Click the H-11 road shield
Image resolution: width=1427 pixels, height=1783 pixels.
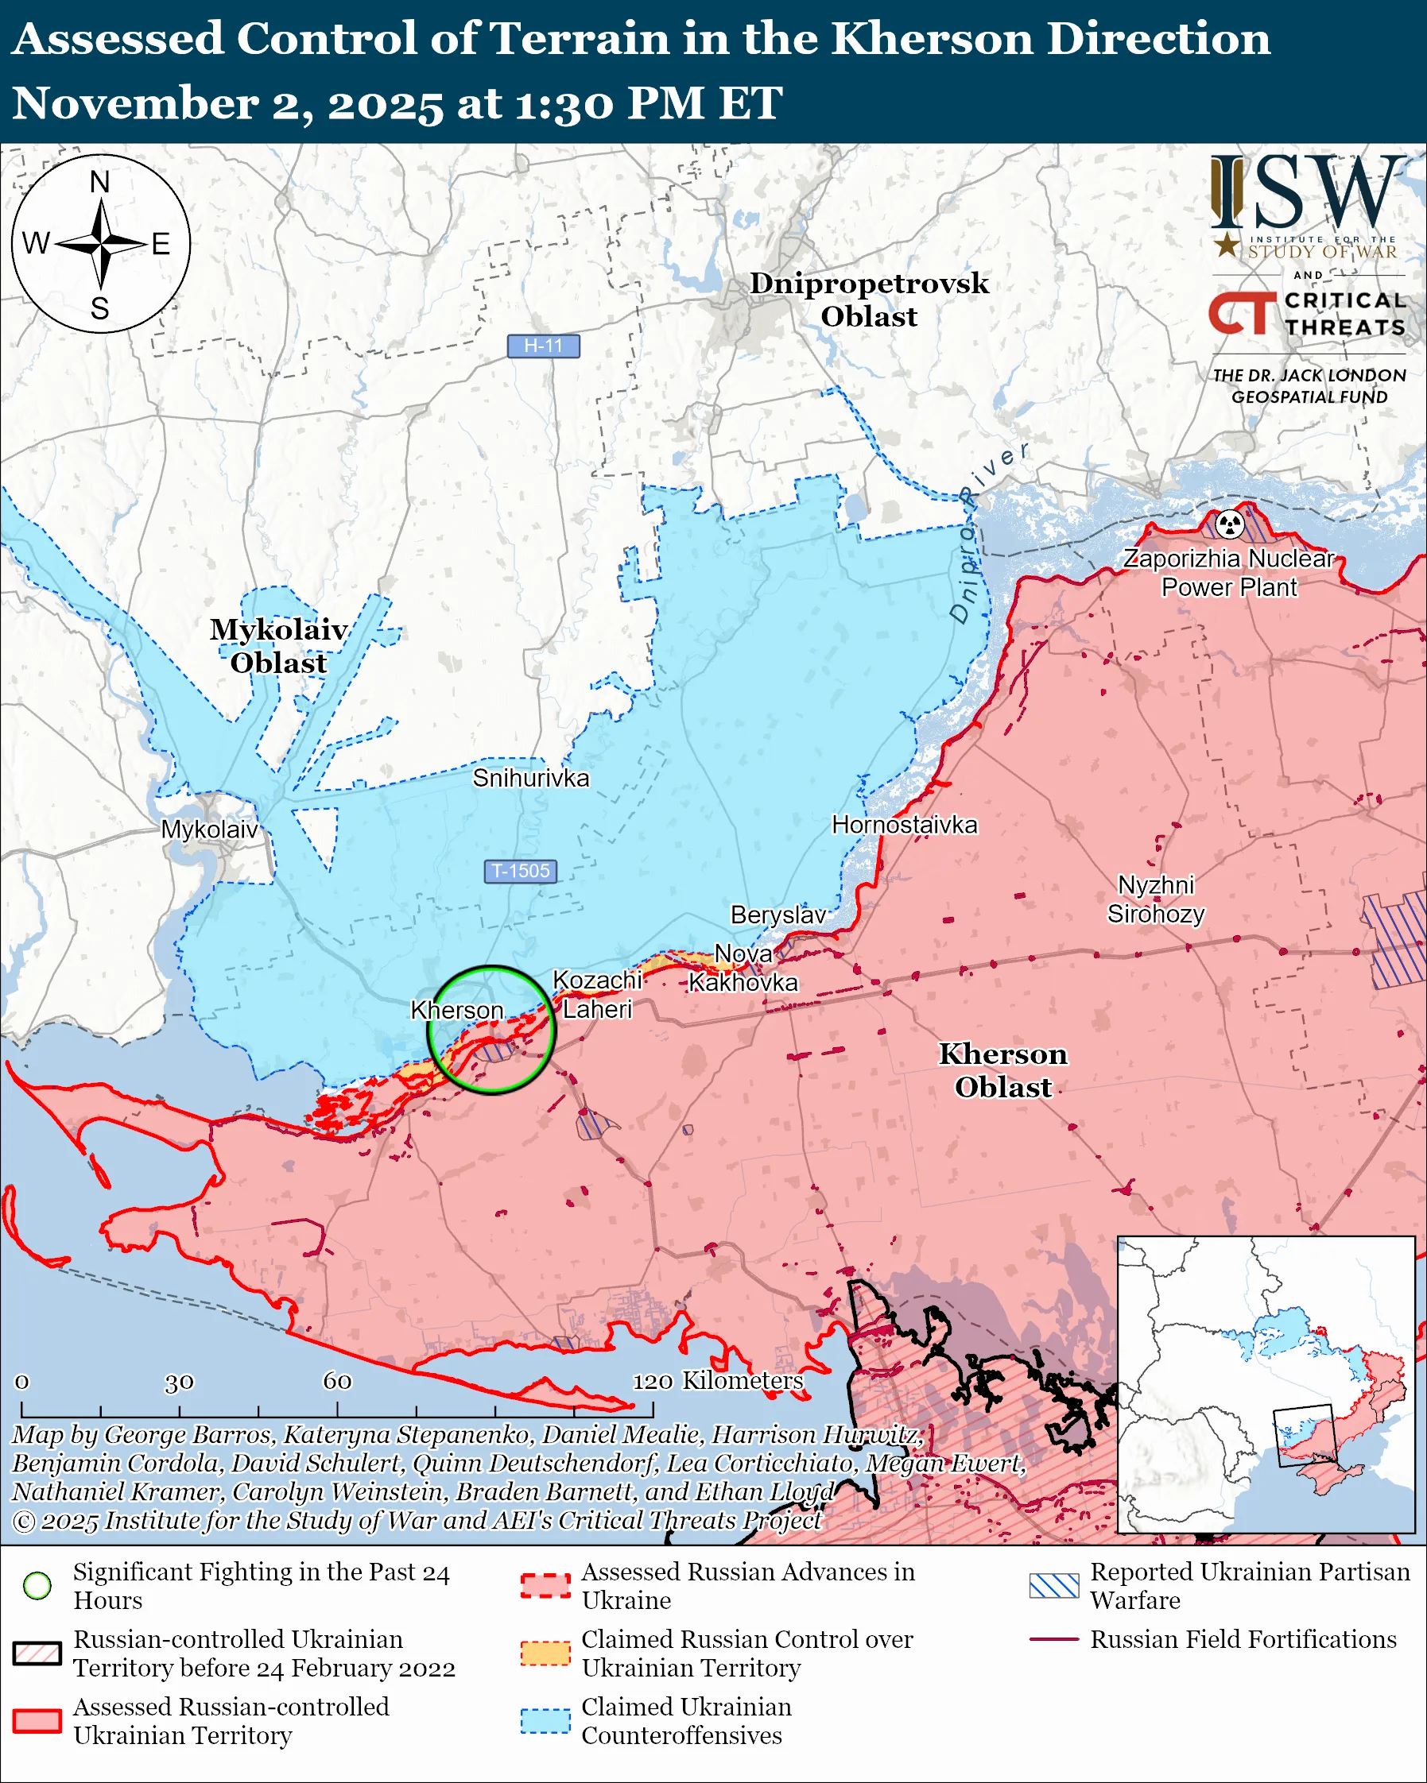(x=543, y=346)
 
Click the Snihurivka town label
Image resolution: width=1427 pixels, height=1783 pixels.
(x=531, y=778)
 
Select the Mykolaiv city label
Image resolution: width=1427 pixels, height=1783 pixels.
(x=209, y=830)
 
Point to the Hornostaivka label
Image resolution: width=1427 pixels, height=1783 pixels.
(x=904, y=825)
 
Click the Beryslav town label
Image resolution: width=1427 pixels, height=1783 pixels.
(x=777, y=915)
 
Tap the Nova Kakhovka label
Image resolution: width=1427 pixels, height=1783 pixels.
(x=743, y=969)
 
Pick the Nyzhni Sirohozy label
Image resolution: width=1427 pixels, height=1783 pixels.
(x=1156, y=899)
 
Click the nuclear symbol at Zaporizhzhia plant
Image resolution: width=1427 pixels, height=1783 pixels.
(x=1230, y=524)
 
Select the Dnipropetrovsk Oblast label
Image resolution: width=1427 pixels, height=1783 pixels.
(x=869, y=300)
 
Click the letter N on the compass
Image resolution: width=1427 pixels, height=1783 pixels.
(x=100, y=182)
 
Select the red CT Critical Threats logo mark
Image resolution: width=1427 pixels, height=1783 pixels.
(x=1241, y=313)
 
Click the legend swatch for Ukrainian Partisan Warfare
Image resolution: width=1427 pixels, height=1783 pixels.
(x=1054, y=1586)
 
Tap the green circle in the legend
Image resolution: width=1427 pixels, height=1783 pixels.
(x=37, y=1586)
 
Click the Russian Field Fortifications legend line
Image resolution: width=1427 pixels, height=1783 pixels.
(x=1054, y=1639)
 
